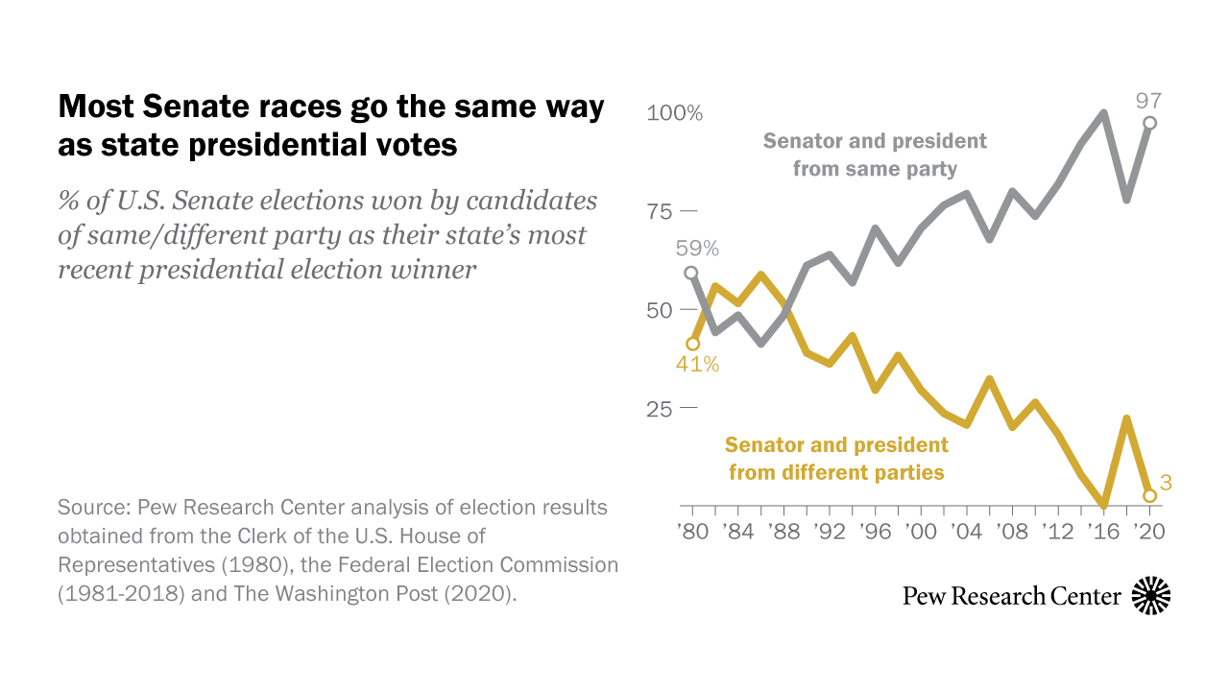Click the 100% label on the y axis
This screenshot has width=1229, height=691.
coord(674,113)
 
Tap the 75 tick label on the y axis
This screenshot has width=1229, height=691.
coord(662,212)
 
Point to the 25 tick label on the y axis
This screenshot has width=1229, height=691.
coord(662,409)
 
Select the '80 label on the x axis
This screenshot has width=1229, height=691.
coord(691,530)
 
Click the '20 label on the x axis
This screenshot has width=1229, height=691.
coord(1148,530)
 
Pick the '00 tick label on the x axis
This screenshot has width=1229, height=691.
coord(920,530)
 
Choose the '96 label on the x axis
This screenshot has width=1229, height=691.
coord(874,530)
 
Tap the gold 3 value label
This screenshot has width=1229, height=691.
coord(1166,483)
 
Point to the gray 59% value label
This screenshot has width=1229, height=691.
coord(696,249)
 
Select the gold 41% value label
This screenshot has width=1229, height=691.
coord(696,365)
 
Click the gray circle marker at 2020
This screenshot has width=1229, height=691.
coord(1149,123)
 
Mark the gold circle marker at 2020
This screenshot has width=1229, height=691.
coord(1149,495)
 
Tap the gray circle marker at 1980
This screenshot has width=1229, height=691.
coord(691,273)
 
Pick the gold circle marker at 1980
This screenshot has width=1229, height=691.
coord(691,344)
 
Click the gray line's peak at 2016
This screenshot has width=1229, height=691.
coord(1104,113)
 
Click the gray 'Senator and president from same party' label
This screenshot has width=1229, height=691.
coord(875,155)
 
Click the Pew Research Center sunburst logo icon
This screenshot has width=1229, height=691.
coord(1151,596)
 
